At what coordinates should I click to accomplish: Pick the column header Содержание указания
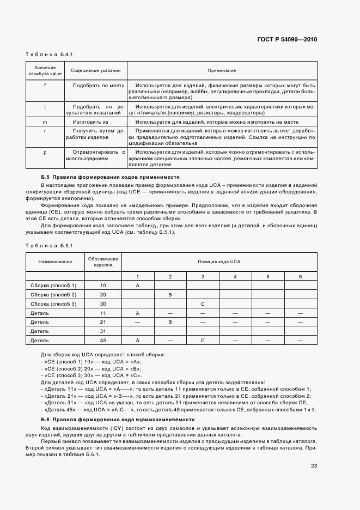(96, 71)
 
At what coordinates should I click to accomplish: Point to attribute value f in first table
(45, 86)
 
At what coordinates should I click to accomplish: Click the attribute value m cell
(45, 122)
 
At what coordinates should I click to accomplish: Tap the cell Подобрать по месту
(95, 86)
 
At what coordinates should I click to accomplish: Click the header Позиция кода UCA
(219, 262)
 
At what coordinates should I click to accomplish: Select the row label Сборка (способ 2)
(53, 294)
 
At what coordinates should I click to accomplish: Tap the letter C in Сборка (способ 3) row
(203, 303)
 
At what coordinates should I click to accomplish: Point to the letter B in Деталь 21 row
(170, 321)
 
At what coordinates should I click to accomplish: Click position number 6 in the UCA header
(300, 277)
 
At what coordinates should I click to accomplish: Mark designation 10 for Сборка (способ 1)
(103, 286)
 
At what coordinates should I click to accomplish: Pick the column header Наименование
(55, 262)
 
